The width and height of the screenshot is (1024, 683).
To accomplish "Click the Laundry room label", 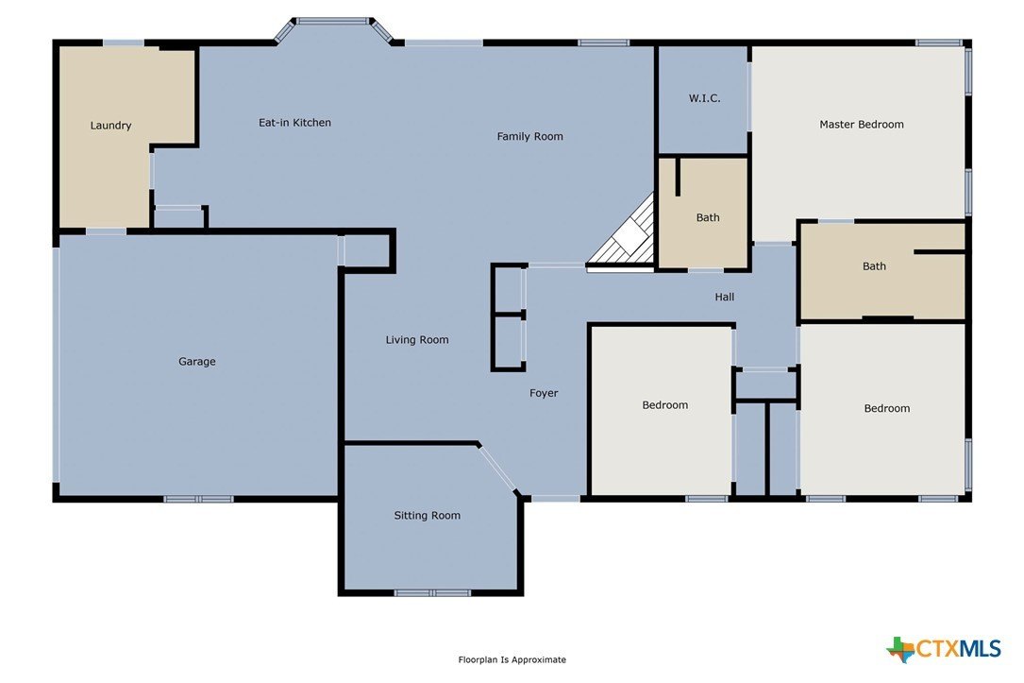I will [x=110, y=126].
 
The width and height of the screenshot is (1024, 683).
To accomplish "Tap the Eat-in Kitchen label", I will [x=294, y=123].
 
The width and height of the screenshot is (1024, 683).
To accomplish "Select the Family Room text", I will [x=529, y=137].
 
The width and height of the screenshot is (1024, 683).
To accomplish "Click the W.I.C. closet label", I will [x=704, y=98].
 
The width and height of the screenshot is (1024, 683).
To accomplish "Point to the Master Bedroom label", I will [x=861, y=125].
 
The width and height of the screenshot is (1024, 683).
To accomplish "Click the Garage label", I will [x=197, y=362].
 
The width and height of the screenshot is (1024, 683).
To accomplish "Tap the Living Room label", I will [x=416, y=340].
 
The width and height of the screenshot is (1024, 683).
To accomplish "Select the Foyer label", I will [x=544, y=393].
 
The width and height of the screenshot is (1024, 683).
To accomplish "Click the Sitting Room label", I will [x=427, y=516].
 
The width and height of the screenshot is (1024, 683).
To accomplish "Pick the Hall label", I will [x=724, y=297].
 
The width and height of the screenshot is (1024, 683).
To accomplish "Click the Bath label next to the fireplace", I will [x=707, y=218].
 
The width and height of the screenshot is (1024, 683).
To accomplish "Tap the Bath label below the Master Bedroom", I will [x=874, y=266].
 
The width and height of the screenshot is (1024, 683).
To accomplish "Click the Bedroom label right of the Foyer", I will [x=664, y=405].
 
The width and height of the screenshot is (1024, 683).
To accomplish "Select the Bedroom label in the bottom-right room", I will [x=886, y=409].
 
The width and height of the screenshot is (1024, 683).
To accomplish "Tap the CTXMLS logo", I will [x=943, y=649].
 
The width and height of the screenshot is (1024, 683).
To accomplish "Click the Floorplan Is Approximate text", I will [x=512, y=660].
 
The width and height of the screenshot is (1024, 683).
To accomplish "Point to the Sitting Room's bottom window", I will [x=431, y=592].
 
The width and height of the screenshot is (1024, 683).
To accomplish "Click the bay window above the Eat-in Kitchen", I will [x=333, y=22].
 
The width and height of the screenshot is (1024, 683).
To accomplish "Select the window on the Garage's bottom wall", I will [x=198, y=498].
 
